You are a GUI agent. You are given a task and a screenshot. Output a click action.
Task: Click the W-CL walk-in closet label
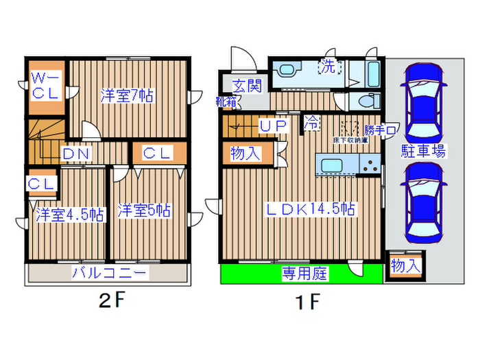[47, 87]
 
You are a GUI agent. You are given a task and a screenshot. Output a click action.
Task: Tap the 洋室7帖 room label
[128, 96]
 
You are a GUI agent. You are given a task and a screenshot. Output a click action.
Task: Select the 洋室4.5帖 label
[69, 215]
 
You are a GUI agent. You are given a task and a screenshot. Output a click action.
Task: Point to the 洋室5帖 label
[143, 211]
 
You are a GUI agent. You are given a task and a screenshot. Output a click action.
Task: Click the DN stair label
[76, 154]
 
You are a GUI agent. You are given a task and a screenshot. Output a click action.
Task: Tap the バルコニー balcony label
[109, 273]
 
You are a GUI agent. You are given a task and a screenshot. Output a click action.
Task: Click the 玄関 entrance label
[246, 86]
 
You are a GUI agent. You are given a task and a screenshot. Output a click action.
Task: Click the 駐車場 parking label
[424, 151]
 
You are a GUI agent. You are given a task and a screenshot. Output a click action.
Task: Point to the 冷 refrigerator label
[311, 123]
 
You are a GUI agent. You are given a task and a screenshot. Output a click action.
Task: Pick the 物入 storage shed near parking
[405, 265]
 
